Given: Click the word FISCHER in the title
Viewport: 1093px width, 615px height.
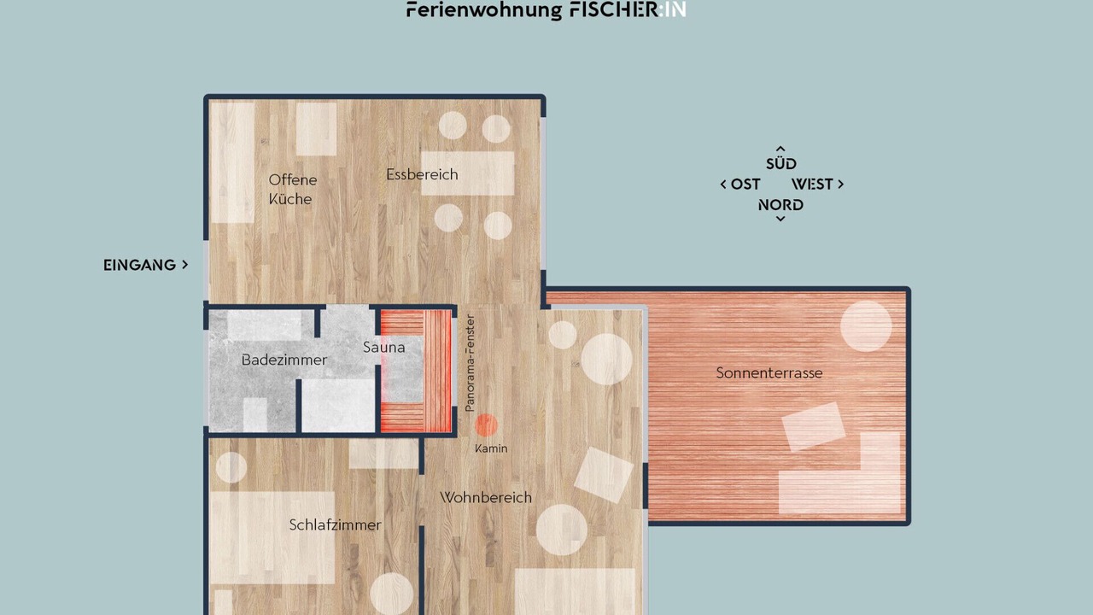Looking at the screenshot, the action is (613, 10).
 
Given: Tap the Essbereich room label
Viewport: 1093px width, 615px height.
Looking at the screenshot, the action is (422, 174).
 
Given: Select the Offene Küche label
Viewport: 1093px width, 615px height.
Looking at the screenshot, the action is (293, 190).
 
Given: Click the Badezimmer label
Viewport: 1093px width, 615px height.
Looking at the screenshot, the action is (284, 360).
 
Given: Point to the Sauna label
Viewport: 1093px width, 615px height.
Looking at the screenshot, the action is (384, 348).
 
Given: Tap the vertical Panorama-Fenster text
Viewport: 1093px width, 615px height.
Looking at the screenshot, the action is (470, 363).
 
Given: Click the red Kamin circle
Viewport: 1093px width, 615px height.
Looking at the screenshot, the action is (486, 425).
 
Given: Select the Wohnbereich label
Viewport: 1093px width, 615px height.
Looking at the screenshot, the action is (486, 498).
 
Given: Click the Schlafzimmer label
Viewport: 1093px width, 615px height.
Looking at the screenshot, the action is (336, 525).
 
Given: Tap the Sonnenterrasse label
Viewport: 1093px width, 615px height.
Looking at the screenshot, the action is (769, 373).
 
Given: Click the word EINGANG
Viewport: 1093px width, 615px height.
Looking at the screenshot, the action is (139, 265).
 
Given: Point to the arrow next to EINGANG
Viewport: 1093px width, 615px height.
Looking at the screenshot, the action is (185, 265).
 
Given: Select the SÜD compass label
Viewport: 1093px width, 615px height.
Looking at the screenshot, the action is (780, 163).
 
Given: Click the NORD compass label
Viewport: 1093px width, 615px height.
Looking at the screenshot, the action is (780, 205).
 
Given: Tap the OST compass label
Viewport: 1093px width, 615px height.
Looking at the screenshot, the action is (745, 184).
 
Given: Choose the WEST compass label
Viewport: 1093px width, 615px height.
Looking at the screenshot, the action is (812, 184).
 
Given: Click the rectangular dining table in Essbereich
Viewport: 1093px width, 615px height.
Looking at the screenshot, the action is (467, 173).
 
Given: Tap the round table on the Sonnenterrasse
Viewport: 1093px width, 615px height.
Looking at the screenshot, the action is (866, 326).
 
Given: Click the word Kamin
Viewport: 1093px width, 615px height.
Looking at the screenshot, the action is (491, 448).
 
